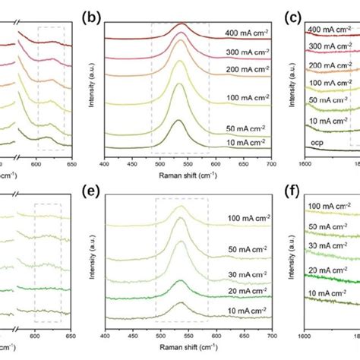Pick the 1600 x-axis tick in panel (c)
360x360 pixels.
tap(305, 162)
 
